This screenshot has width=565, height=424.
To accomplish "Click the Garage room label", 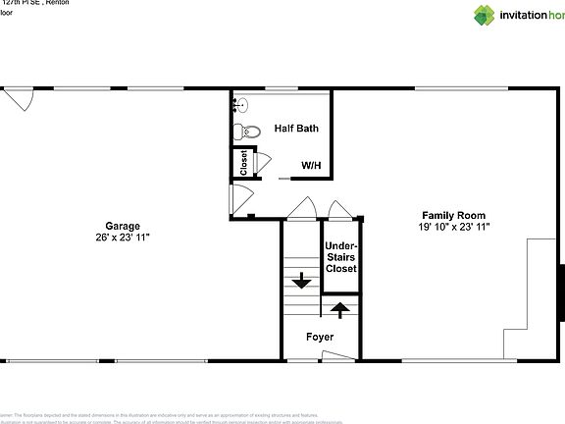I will tap(124, 225).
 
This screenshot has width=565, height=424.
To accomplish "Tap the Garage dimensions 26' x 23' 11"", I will tap(124, 237).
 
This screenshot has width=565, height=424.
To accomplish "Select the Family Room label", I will tap(453, 215).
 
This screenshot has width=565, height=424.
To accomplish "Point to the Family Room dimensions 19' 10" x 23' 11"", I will tap(453, 227).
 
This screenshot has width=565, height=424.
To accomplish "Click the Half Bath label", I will tap(295, 128).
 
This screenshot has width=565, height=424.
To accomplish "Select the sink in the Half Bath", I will tap(241, 103).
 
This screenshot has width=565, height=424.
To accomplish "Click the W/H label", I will tap(312, 166).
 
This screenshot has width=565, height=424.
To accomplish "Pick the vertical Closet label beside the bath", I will tap(243, 163).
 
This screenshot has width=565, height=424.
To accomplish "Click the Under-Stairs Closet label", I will tap(340, 257).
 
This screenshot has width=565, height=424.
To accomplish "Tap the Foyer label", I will tap(320, 337).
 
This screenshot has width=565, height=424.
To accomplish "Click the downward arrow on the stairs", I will tap(301, 281).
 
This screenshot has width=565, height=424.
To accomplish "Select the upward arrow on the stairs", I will tap(340, 309).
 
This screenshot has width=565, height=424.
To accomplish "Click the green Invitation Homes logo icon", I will tap(486, 14).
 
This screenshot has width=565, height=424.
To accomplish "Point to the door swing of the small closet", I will tap(259, 163).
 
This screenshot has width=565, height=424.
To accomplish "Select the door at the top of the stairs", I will tap(302, 209).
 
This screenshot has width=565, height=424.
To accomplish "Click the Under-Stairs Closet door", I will tap(339, 210).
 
